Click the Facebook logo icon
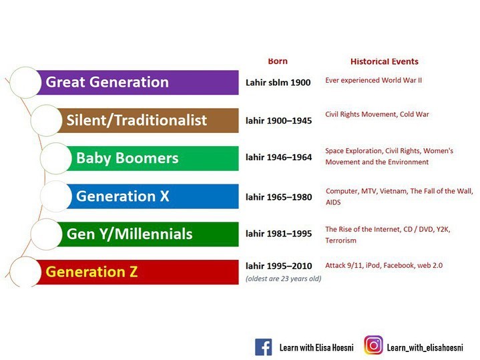point(263,347)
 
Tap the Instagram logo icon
point(373,345)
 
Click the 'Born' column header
point(278,61)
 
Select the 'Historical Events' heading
point(384,61)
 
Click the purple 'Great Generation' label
point(107,82)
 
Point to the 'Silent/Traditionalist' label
point(137,120)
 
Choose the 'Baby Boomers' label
point(127,158)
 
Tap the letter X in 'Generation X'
point(164,196)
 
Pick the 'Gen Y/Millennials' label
point(130,234)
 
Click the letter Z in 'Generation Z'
point(133,272)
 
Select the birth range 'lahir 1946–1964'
point(278,157)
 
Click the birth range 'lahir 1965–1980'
point(278,197)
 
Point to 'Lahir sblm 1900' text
point(278,82)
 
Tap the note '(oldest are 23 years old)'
point(284,279)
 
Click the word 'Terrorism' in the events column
point(340,240)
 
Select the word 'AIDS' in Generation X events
point(333,202)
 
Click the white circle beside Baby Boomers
point(55,158)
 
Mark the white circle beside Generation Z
point(25,272)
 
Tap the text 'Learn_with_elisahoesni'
point(425,347)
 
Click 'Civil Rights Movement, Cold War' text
point(377,114)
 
